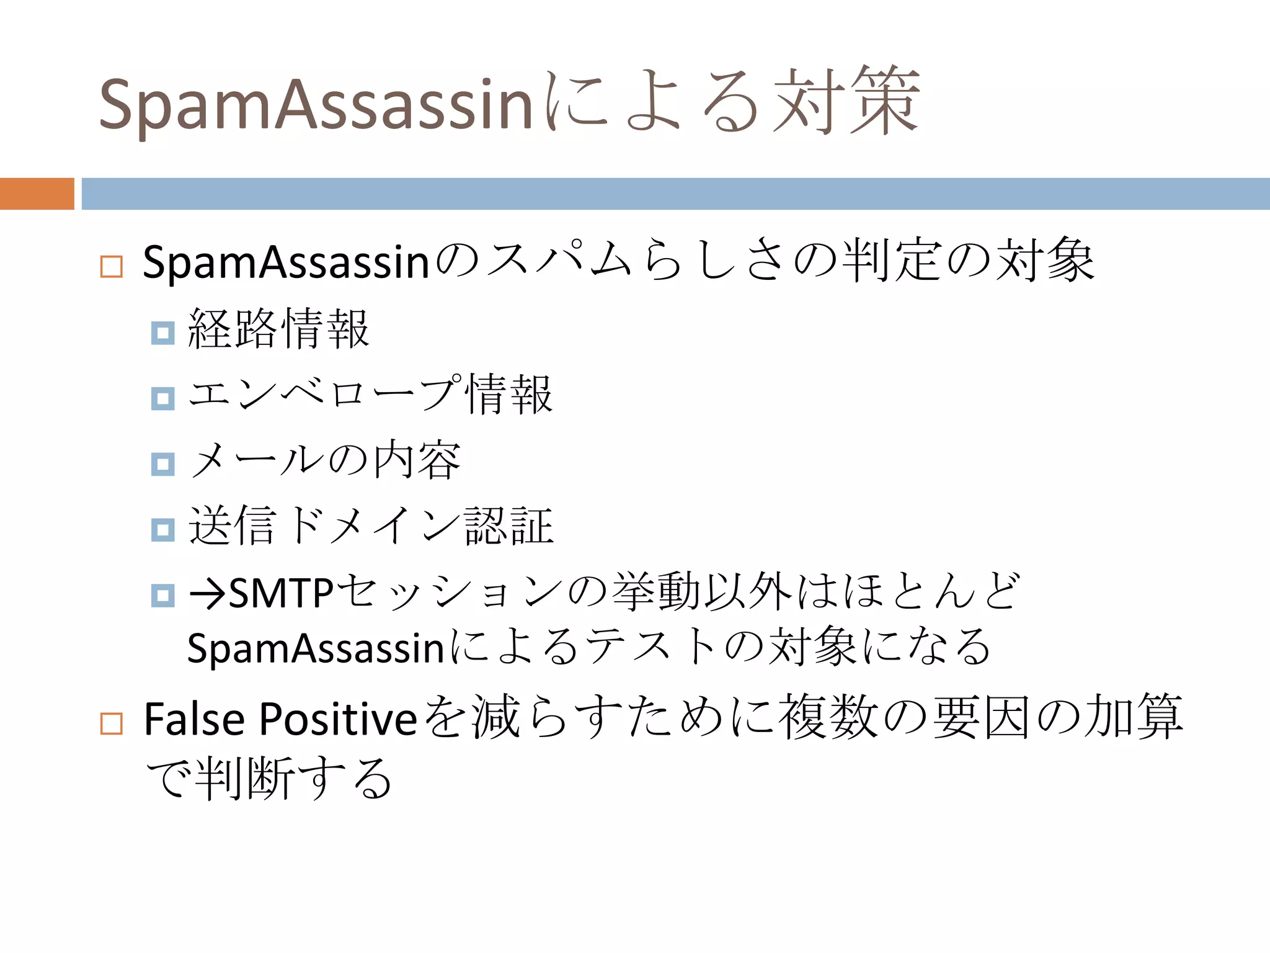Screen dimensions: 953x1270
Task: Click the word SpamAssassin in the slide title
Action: (x=315, y=104)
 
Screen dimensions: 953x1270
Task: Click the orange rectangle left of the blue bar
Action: (x=37, y=194)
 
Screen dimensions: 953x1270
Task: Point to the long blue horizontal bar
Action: (x=675, y=194)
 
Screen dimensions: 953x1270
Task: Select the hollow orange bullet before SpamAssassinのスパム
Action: (x=112, y=267)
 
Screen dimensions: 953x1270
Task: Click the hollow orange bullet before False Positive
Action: (x=112, y=723)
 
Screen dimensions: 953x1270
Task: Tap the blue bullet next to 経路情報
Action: (x=162, y=333)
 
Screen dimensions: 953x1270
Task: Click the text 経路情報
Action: (x=278, y=329)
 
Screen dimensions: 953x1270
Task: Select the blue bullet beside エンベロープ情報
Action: (x=162, y=398)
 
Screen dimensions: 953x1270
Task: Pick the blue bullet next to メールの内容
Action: (x=162, y=464)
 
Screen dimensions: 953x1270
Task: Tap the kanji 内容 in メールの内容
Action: (x=417, y=460)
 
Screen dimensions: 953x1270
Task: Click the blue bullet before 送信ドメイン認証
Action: (x=162, y=530)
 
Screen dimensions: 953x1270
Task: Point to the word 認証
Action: (x=509, y=526)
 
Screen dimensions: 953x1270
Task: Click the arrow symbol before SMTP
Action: (x=207, y=594)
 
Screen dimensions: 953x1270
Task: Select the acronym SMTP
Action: (x=282, y=593)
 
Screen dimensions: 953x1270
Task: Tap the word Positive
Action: (x=338, y=720)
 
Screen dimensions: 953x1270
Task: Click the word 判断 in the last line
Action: (x=245, y=779)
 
